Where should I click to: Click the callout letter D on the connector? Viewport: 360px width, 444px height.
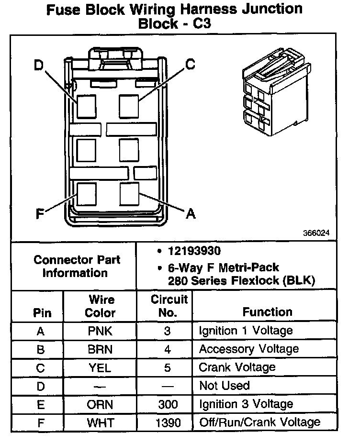coord(38,65)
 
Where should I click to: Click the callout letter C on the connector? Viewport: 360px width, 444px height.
coord(190,64)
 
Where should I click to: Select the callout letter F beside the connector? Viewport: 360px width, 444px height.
coord(41,214)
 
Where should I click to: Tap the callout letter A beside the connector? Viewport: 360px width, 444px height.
coord(191,214)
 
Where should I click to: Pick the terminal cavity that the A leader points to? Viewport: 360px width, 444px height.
coord(129,194)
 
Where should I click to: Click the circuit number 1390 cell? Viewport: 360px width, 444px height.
coord(168,422)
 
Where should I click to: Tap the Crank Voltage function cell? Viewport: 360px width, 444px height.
coord(237,367)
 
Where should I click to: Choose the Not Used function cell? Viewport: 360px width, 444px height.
coord(224,386)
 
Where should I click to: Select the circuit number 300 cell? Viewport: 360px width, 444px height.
coord(168,404)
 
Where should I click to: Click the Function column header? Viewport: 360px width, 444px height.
coord(267,312)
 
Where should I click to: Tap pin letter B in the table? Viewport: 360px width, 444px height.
coord(41,349)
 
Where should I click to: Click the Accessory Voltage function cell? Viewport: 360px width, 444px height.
coord(248,349)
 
